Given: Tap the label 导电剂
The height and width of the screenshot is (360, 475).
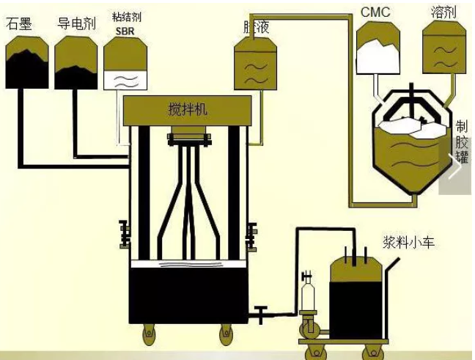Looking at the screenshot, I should tap(76, 23).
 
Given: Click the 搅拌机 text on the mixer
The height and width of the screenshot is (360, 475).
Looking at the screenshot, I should tap(188, 109).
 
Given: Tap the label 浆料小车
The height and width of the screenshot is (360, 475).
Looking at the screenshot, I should tap(408, 242).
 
